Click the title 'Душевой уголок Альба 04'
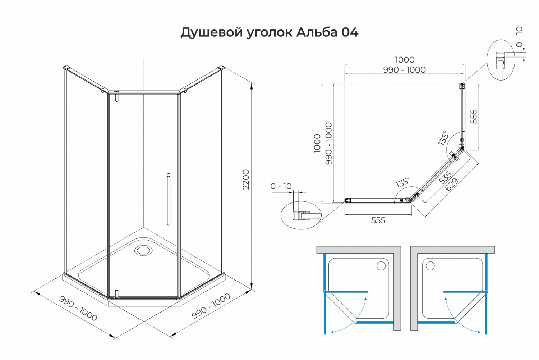tap(269, 32)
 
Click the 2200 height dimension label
tap(246, 179)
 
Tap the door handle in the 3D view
tap(169, 199)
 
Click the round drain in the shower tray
tap(143, 250)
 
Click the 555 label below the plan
tap(378, 220)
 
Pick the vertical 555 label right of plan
tap(474, 117)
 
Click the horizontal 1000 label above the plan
tap(405, 60)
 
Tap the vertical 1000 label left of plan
tap(317, 143)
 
